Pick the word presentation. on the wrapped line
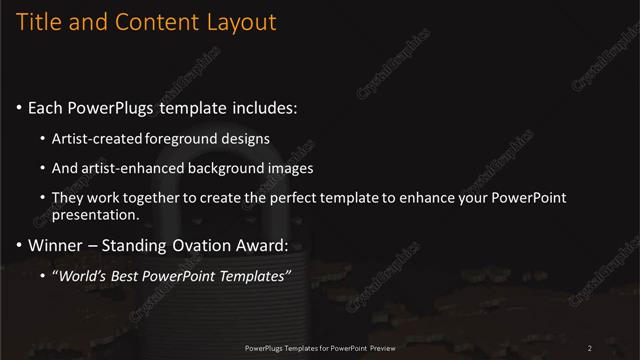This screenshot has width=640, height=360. click(x=102, y=215)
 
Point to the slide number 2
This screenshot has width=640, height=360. click(x=590, y=348)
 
